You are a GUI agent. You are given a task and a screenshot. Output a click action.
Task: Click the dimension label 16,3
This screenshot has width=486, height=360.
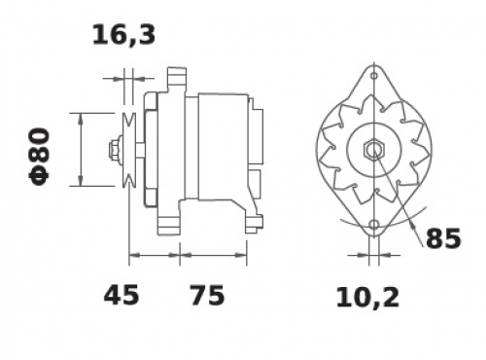(x=123, y=35)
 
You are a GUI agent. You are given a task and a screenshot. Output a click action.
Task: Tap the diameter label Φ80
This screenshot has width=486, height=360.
(x=40, y=157)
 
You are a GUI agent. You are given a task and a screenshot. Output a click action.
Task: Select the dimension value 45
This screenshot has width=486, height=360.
(x=121, y=295)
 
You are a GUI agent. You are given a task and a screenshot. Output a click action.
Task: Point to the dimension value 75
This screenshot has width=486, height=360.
(x=207, y=295)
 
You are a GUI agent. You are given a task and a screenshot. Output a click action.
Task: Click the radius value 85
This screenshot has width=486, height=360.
(x=443, y=238)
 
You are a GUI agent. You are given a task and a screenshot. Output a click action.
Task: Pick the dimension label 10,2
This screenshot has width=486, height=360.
(x=367, y=298)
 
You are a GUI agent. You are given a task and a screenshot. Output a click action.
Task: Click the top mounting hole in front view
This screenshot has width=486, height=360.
(x=374, y=76)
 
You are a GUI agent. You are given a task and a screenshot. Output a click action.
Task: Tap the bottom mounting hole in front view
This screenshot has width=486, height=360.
(x=374, y=225)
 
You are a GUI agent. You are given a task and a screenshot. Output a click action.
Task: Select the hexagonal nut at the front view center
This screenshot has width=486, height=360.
(x=374, y=150)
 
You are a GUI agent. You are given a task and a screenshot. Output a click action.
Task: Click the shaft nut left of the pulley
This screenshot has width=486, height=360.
(x=115, y=150)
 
